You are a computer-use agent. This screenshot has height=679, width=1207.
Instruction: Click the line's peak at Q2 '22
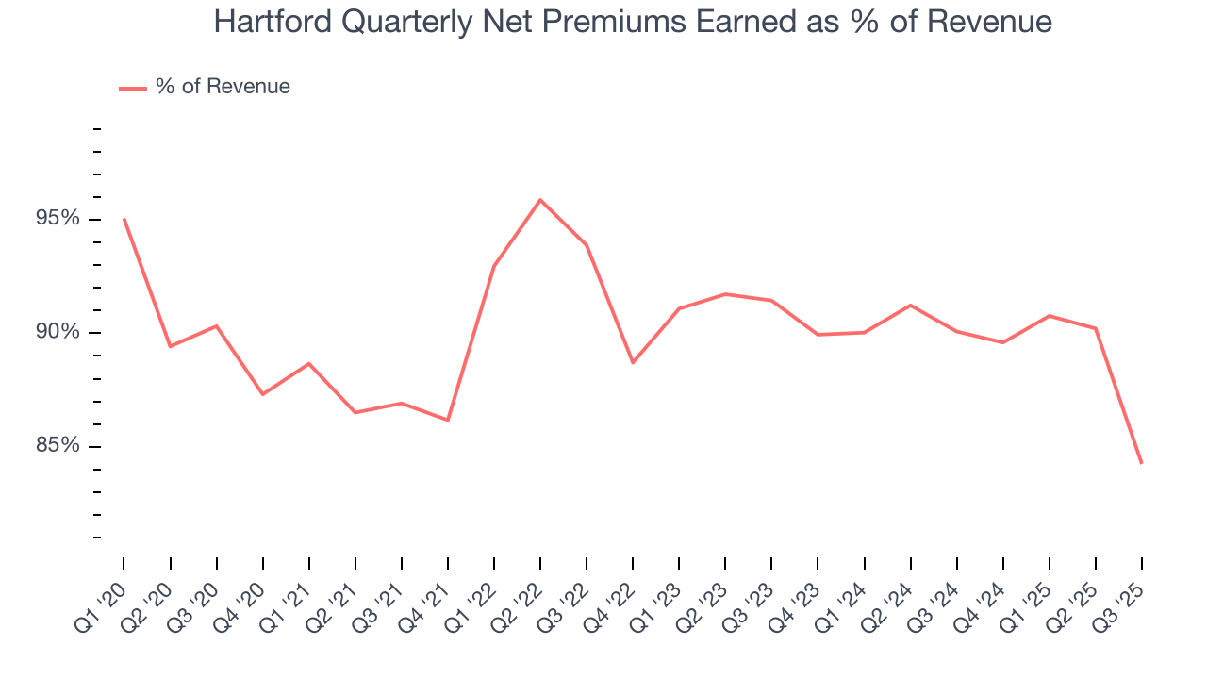540,200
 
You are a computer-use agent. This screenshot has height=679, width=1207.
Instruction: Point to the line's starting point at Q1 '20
124,219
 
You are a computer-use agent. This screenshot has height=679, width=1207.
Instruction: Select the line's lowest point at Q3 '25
1142,463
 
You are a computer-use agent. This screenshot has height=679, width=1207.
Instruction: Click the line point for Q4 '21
448,420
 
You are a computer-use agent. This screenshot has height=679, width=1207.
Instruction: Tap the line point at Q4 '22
633,362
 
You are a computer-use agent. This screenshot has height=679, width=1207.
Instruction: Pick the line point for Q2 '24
910,305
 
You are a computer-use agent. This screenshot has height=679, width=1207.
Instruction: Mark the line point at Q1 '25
1050,315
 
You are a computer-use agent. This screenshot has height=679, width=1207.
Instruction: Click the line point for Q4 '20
262,393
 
